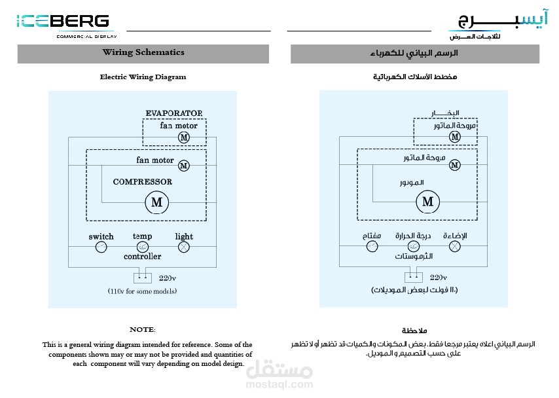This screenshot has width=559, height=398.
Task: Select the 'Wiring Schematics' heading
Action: (x=143, y=52)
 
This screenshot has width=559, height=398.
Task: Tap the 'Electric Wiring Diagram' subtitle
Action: (x=143, y=77)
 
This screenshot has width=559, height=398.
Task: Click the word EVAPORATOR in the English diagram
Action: (x=174, y=113)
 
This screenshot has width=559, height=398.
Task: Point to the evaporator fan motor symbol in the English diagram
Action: (x=184, y=137)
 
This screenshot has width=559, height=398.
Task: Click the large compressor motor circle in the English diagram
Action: (x=157, y=202)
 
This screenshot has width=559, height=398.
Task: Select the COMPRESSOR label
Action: (x=143, y=182)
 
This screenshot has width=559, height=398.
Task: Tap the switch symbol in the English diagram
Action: (x=101, y=247)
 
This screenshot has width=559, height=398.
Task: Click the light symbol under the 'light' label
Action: (x=184, y=247)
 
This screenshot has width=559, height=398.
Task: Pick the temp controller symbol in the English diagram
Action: (x=143, y=247)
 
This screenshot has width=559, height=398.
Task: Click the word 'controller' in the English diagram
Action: (x=142, y=257)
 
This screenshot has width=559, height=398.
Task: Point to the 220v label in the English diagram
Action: (x=168, y=278)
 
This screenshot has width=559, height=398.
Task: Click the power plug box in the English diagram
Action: (x=143, y=278)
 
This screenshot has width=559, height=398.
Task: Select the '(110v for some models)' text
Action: (x=142, y=290)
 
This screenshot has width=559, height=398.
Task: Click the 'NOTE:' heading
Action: (x=143, y=329)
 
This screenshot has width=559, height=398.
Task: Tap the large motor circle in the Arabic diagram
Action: (x=428, y=202)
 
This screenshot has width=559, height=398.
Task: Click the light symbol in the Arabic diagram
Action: (x=455, y=247)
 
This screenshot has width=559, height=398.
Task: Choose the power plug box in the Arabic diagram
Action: (x=414, y=278)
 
